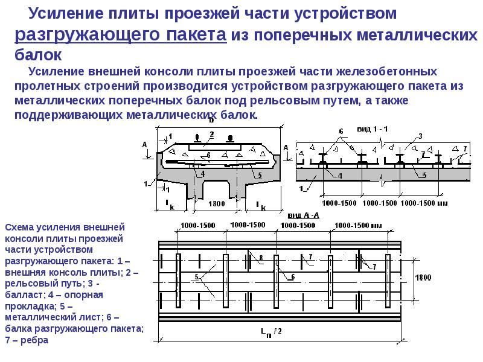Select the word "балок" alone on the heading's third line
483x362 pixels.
38,55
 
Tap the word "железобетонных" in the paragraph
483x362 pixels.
386,71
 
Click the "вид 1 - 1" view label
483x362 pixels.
372,129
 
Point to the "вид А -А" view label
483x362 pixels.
304,215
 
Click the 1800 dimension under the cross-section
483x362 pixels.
217,203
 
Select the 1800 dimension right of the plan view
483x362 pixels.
423,278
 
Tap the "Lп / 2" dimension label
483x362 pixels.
271,332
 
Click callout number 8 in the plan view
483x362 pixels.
261,258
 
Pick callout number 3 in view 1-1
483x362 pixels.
420,136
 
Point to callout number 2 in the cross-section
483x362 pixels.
212,135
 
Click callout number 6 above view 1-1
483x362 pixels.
341,132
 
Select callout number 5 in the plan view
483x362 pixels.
197,277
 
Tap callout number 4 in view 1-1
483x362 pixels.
340,176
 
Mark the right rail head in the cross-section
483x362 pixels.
229,138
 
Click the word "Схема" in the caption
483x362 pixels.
19,227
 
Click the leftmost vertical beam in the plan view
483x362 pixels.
178,281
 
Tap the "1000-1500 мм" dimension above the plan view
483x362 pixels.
358,226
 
